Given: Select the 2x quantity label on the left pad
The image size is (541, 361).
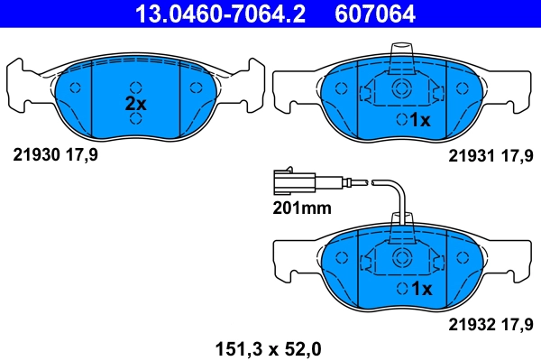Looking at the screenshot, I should click(x=135, y=104).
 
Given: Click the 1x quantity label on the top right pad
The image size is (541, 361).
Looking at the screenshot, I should click(x=421, y=119).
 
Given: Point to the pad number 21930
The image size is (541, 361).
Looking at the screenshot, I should click(x=35, y=155).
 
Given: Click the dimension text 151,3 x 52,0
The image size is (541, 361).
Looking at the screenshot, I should click(x=267, y=347).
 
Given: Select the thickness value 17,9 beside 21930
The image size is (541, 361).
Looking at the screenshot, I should click(x=82, y=155).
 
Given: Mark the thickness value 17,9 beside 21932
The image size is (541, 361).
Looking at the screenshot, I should click(x=520, y=323).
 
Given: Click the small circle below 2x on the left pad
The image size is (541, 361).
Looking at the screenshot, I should click(x=135, y=119).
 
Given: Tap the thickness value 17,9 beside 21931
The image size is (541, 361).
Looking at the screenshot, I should click(x=520, y=155).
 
